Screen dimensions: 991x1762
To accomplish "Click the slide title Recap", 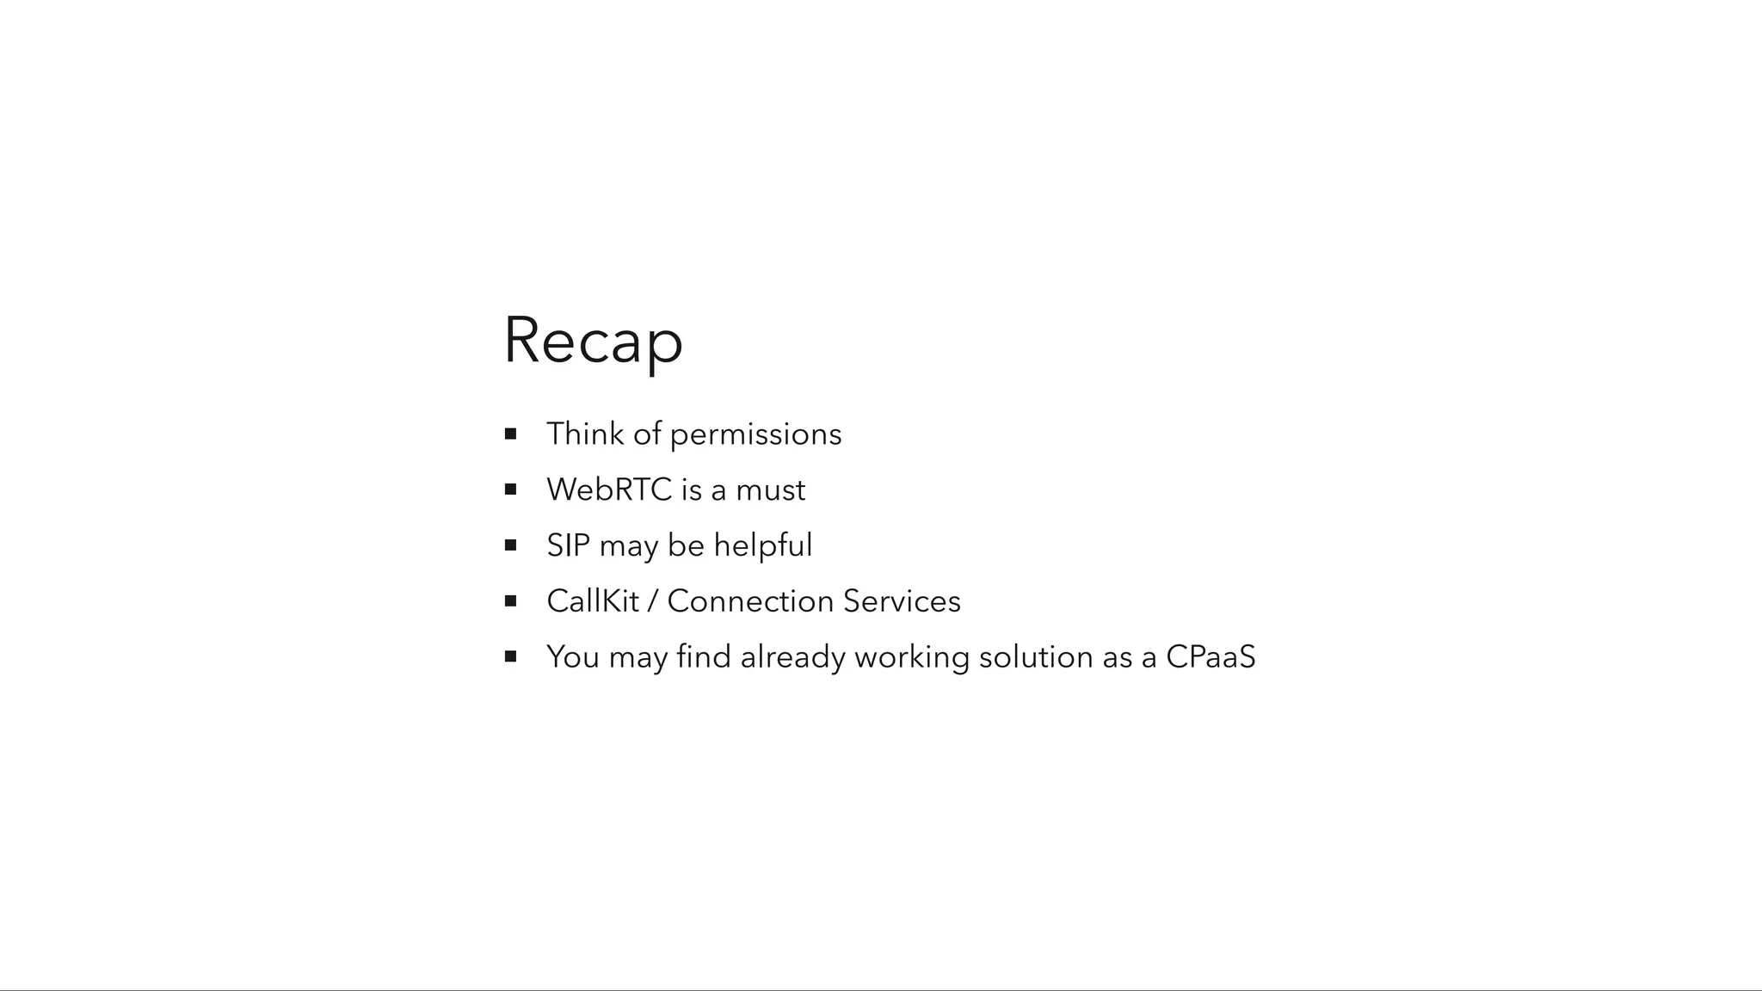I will (593, 341).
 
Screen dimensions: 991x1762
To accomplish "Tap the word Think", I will (585, 434).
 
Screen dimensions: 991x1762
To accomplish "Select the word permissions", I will (755, 435).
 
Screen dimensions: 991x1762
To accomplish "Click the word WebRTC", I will (609, 489).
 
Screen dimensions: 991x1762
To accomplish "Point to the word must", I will (770, 490).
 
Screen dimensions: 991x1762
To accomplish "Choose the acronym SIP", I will (568, 545).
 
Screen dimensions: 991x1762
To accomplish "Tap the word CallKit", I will (592, 601).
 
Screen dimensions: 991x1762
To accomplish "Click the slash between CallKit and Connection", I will (652, 601).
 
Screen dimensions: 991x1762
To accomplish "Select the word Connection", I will (750, 601).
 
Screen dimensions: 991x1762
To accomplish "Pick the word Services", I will (902, 601).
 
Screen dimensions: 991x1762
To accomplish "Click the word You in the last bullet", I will (572, 657).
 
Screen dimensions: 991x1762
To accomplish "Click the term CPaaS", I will (1211, 657).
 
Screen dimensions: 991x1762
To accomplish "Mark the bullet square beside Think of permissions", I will (510, 434).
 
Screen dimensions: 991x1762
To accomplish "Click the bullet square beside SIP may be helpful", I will (510, 545).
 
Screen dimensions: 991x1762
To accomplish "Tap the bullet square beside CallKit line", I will (510, 601).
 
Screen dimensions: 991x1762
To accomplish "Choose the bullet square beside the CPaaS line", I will (510, 656).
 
